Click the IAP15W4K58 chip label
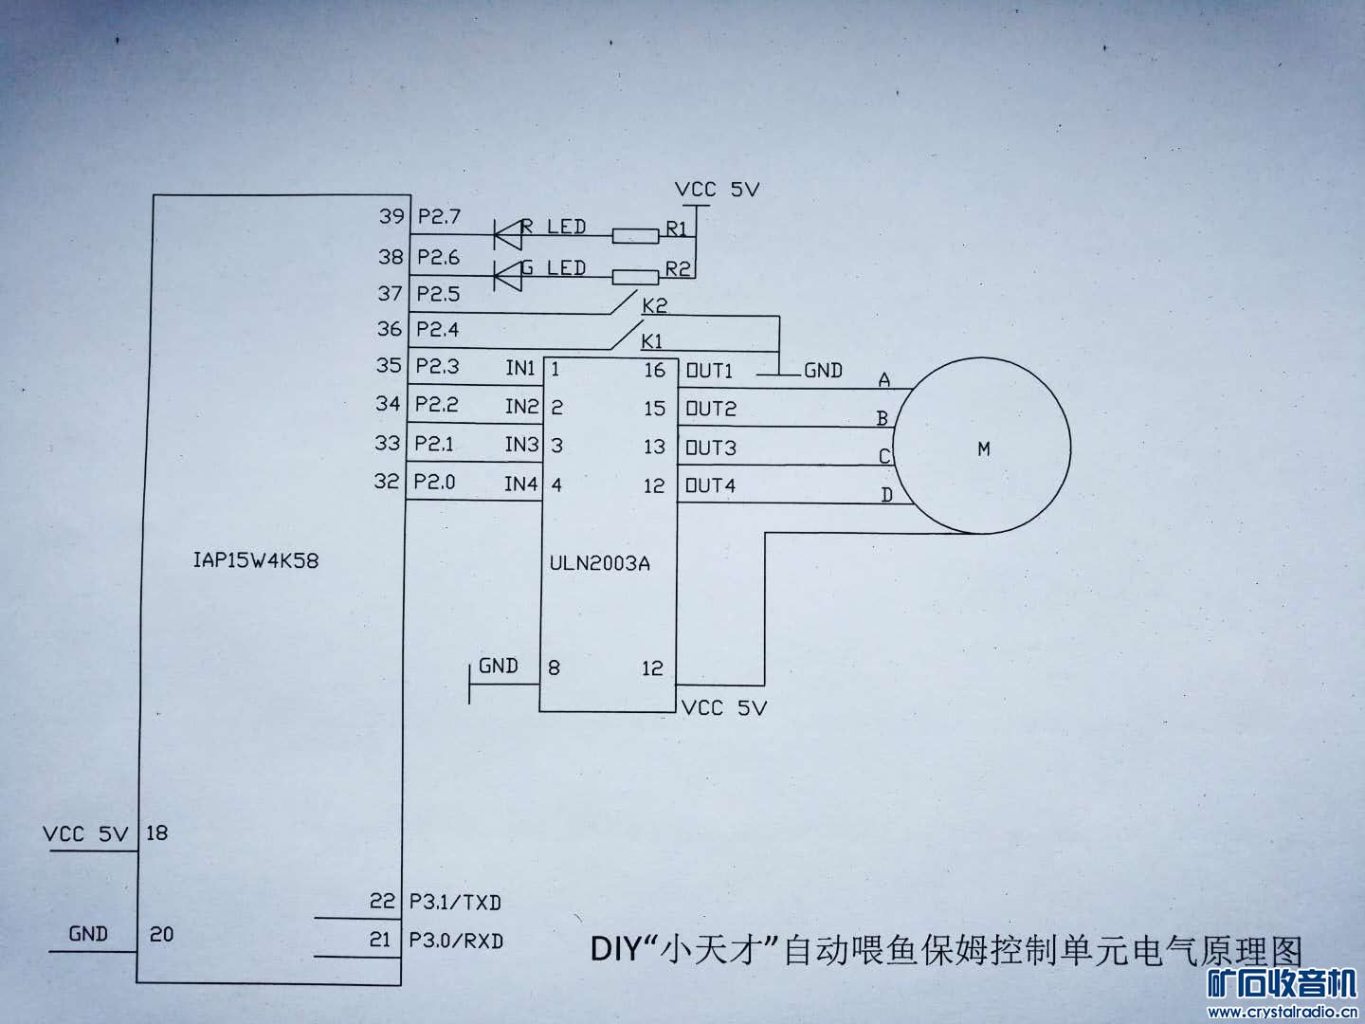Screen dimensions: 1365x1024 (x=256, y=560)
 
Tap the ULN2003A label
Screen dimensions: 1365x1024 (x=599, y=563)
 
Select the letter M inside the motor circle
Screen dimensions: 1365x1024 (x=983, y=448)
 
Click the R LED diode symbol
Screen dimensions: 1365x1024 (x=507, y=235)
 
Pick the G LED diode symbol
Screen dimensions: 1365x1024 (x=507, y=275)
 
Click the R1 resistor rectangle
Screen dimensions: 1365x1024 (x=635, y=236)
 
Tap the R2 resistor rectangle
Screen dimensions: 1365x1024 (x=635, y=277)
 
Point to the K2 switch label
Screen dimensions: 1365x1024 (x=654, y=305)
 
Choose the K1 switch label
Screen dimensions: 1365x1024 (x=652, y=341)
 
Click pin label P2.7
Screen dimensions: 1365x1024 (x=439, y=216)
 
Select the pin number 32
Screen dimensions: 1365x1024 (x=386, y=481)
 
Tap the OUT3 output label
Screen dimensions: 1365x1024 (x=710, y=448)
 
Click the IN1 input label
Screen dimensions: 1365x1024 (x=519, y=368)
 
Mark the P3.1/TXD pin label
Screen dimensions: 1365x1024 (x=455, y=902)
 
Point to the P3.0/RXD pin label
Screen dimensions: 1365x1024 (x=455, y=942)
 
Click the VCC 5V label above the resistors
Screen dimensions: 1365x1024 (x=717, y=189)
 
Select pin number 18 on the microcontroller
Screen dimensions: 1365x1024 (x=156, y=832)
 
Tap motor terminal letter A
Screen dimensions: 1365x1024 (x=883, y=379)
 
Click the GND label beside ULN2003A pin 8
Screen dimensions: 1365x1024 (x=498, y=666)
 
